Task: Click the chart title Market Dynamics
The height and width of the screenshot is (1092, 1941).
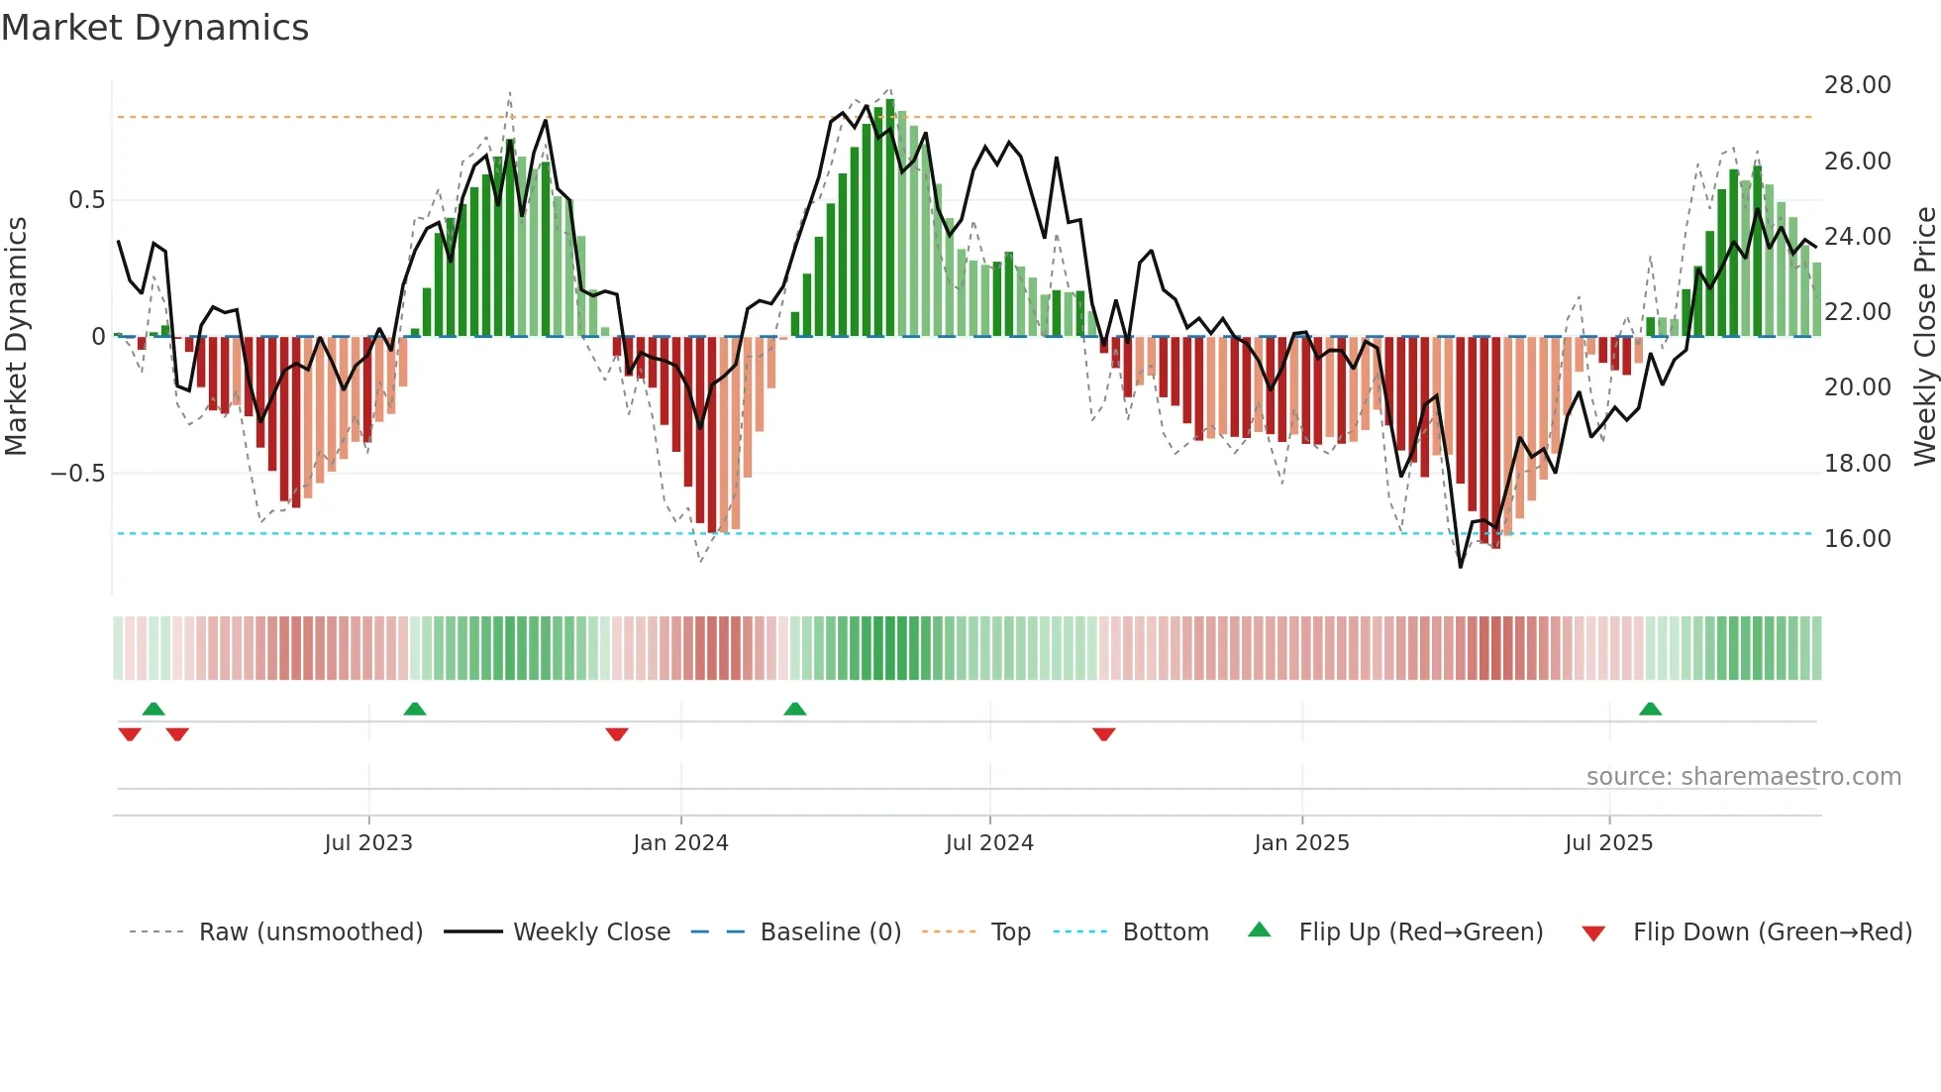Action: click(x=154, y=28)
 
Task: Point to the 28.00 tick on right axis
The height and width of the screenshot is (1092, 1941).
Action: click(x=1857, y=85)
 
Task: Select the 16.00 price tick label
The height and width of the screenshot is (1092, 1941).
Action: click(x=1857, y=539)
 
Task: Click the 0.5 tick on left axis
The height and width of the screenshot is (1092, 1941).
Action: click(x=86, y=200)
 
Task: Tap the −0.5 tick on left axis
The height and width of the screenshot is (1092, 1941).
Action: click(x=78, y=474)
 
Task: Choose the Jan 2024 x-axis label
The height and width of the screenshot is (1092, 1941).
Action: click(x=680, y=843)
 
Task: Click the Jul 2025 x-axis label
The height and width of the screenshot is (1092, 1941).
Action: click(x=1608, y=843)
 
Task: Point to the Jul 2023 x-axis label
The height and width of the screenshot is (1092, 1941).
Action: click(x=368, y=843)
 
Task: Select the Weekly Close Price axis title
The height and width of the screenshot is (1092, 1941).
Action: click(x=1924, y=336)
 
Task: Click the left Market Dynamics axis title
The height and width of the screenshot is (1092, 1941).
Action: click(x=16, y=336)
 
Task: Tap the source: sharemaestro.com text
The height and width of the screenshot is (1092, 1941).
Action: click(x=1743, y=777)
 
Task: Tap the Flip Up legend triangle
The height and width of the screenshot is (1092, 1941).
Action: click(x=1259, y=929)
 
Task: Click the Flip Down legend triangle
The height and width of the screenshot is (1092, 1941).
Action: click(x=1593, y=933)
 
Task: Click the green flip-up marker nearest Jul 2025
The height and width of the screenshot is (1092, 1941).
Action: click(x=1650, y=709)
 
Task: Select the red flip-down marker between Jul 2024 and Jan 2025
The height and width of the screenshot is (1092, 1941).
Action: click(x=1104, y=734)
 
